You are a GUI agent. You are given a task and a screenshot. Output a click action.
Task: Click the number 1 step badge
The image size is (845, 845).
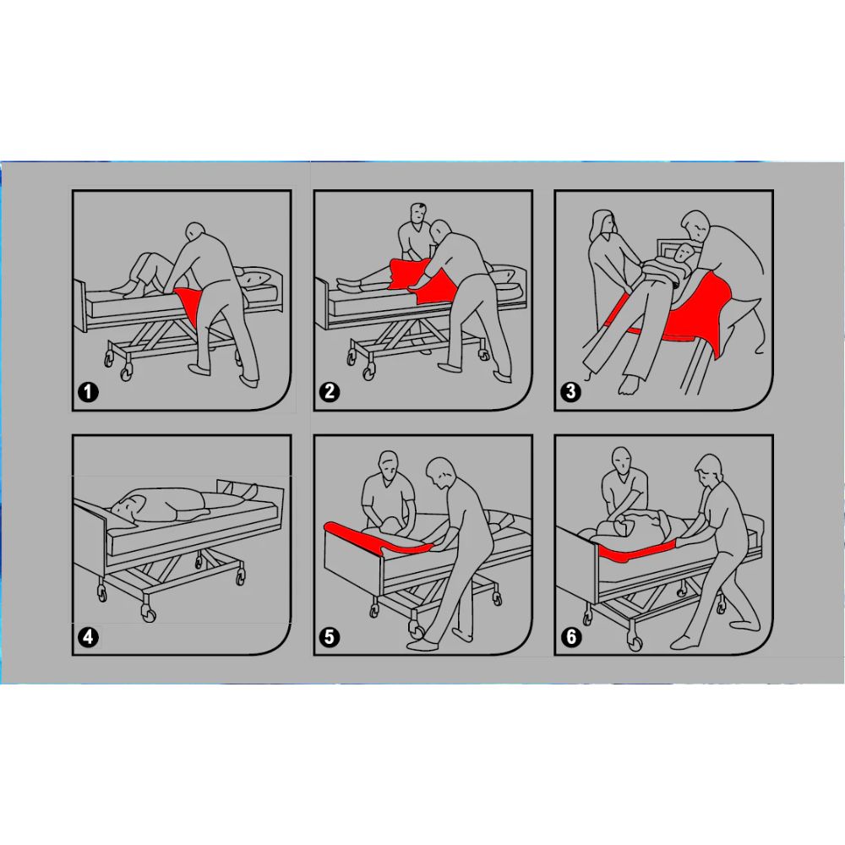tap(89, 391)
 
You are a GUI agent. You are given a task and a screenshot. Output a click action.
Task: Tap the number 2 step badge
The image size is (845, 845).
tap(330, 391)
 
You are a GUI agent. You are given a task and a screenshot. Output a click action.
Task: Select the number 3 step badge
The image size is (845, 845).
tap(570, 391)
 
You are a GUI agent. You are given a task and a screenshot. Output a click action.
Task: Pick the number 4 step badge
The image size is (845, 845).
tap(89, 637)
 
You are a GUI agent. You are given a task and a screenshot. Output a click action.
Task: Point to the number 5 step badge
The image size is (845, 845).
tap(330, 637)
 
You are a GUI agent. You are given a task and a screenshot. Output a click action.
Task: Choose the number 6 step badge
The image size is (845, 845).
tap(570, 637)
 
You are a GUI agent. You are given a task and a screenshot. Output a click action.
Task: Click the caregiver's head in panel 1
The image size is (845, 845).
tap(197, 234)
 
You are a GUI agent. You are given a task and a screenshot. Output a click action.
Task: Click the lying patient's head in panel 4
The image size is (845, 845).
tap(126, 506)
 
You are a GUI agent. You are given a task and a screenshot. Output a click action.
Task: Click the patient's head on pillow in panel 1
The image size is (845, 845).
tap(258, 279)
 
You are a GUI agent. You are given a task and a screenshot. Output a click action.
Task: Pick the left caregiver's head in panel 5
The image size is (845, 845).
tap(389, 466)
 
